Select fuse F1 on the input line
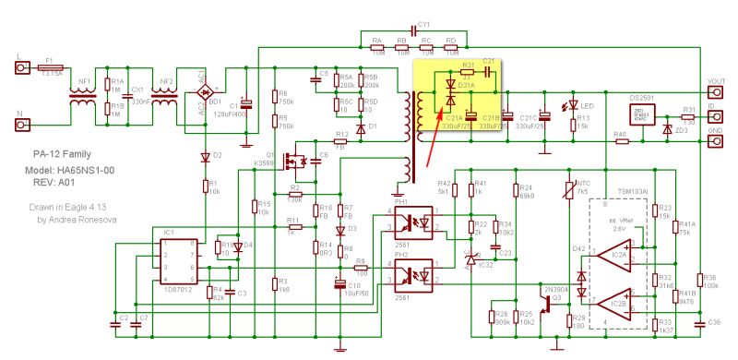point(52,68)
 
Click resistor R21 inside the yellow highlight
point(469,72)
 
